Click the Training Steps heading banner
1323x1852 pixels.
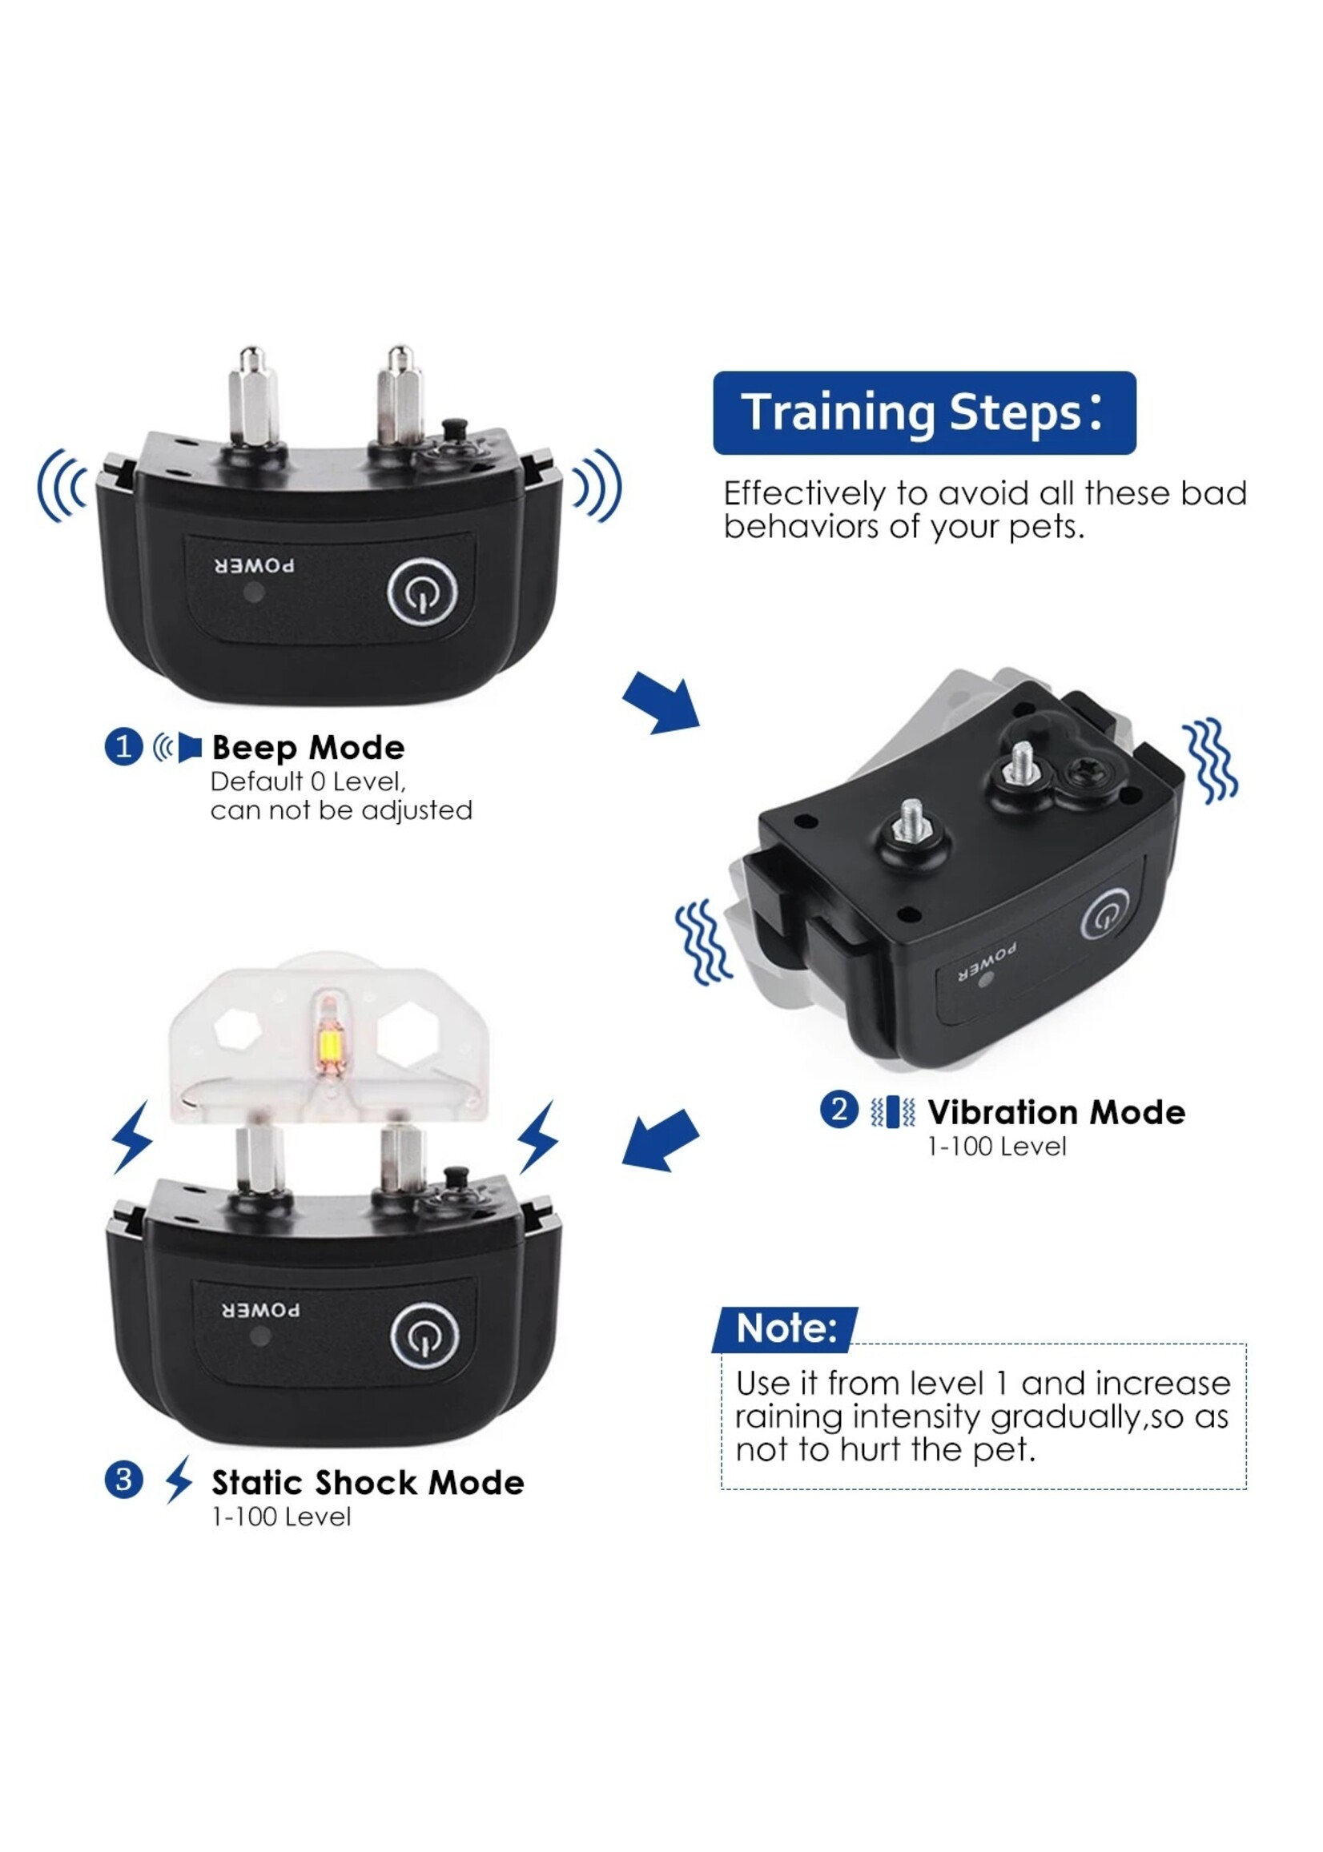point(924,412)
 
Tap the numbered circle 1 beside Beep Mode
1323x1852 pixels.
point(124,746)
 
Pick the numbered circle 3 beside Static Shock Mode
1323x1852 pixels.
point(124,1480)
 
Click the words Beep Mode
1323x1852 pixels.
point(308,748)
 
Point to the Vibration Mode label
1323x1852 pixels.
point(1056,1111)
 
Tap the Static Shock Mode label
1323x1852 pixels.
point(368,1482)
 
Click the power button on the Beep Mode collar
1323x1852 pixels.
point(422,592)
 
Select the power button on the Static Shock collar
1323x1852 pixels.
point(424,1336)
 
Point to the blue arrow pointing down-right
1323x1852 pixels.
point(661,702)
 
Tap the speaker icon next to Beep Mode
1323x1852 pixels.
point(178,747)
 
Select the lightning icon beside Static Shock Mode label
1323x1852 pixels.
point(179,1479)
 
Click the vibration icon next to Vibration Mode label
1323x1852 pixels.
point(893,1111)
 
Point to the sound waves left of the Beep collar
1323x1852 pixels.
point(62,485)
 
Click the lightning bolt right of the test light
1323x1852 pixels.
point(537,1137)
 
